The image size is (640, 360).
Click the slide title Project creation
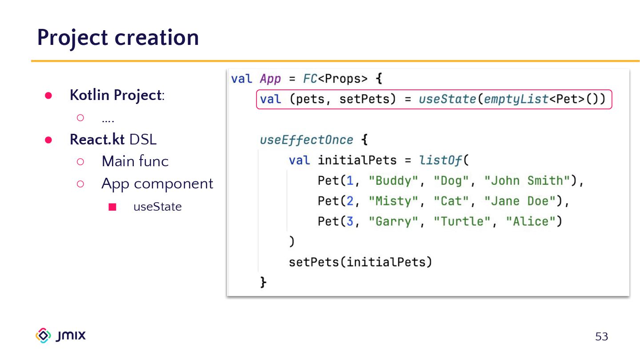tap(118, 37)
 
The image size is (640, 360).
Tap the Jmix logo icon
tap(43, 336)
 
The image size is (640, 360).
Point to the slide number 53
tap(601, 337)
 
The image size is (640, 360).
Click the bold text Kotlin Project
tap(115, 95)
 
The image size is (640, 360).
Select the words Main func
tap(135, 161)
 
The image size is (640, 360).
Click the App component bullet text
tap(157, 184)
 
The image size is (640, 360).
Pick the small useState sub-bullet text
tap(157, 207)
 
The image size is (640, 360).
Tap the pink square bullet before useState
tap(112, 207)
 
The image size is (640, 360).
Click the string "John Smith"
tap(527, 181)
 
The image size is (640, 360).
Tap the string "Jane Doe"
tap(520, 201)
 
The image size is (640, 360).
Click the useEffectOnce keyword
tap(307, 140)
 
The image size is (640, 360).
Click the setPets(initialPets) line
tap(360, 262)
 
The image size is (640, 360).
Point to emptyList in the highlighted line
tap(516, 99)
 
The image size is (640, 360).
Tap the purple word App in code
tap(270, 79)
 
